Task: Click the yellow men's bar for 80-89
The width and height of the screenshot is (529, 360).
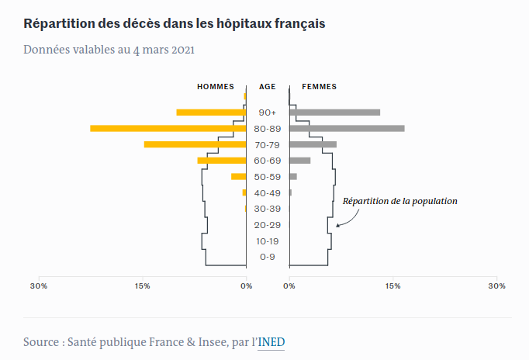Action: point(168,129)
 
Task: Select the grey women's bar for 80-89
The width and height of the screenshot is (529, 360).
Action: point(347,129)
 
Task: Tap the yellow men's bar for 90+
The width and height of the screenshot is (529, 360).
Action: point(211,112)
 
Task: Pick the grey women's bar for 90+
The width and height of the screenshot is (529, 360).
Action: point(334,112)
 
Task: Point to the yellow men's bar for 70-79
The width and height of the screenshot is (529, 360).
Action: point(195,144)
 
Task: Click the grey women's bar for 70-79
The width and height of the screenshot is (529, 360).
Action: point(313,144)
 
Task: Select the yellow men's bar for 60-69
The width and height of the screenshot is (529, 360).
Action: point(222,161)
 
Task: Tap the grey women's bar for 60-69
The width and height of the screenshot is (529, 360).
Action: point(300,161)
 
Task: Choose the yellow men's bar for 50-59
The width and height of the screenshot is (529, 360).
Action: point(239,176)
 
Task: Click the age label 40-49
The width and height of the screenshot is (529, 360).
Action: point(267,193)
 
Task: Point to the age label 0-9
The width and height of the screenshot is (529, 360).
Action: point(267,257)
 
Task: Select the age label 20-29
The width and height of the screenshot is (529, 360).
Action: point(267,225)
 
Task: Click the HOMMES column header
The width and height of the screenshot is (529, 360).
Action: point(216,87)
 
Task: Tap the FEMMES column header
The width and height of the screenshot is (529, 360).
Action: point(319,87)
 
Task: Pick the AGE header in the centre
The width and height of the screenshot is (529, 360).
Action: point(267,87)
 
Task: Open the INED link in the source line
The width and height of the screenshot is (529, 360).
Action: point(271,342)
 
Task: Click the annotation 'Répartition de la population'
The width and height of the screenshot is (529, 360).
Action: point(399,201)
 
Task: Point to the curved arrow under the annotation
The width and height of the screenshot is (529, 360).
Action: point(352,221)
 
